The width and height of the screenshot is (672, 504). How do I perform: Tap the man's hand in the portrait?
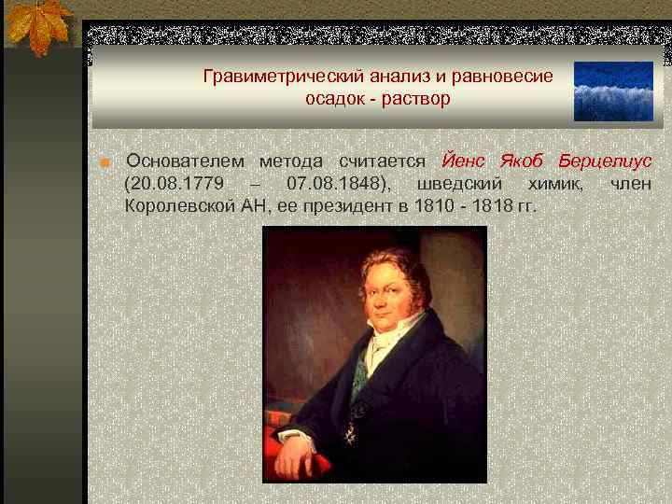297,457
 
